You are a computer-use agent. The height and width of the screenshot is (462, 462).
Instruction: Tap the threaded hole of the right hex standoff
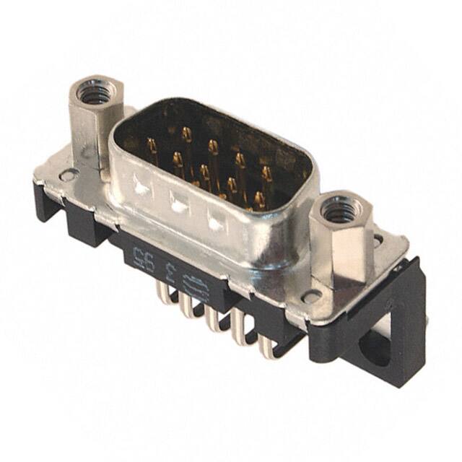coord(336,210)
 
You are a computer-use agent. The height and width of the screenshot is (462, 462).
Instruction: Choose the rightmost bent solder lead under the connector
coord(266,345)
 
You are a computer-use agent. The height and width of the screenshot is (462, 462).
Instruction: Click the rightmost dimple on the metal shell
coord(216,222)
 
